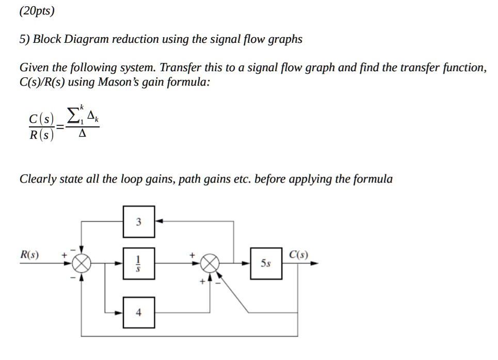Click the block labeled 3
pos(138,222)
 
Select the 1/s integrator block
pos(138,264)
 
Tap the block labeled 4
pos(138,313)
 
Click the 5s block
pos(266,264)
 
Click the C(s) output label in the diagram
pos(299,254)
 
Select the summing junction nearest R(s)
pos(81,264)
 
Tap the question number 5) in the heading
pos(25,39)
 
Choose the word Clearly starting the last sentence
pos(37,179)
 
